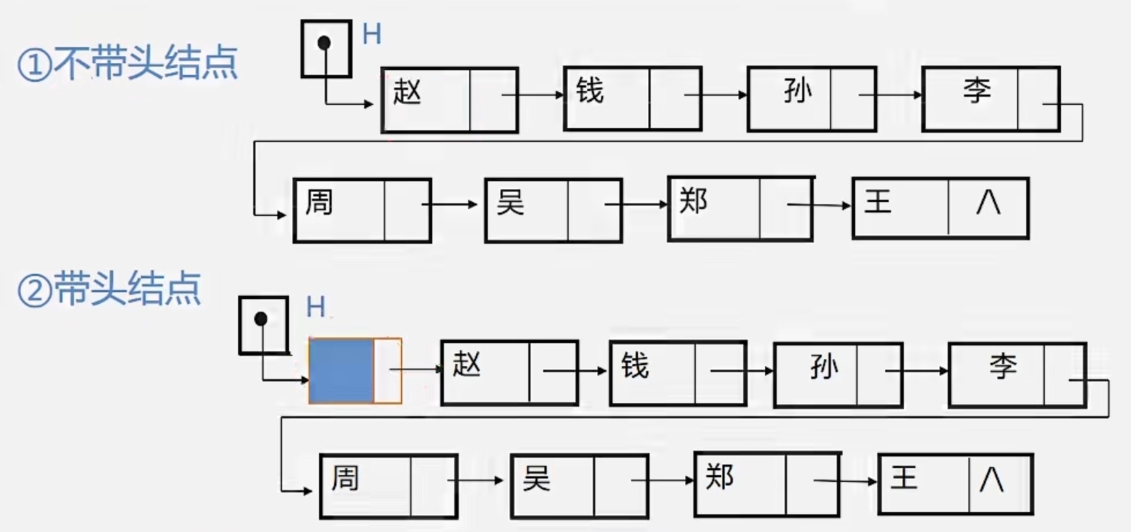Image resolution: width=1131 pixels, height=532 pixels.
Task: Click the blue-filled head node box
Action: point(341,371)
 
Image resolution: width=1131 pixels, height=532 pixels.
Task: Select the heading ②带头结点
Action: point(109,290)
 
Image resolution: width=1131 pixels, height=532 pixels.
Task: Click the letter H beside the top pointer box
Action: point(371,35)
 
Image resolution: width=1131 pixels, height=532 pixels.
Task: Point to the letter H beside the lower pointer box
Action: point(316,308)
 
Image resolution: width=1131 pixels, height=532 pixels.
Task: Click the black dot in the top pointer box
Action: point(324,43)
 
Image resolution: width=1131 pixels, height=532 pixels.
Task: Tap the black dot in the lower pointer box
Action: point(261,318)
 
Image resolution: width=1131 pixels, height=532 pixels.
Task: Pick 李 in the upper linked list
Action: point(976,92)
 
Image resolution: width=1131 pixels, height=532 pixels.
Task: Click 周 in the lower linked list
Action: point(345,478)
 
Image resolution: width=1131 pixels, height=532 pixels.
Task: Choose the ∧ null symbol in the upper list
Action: point(988,204)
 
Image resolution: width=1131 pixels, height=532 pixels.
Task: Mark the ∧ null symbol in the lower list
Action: point(992,480)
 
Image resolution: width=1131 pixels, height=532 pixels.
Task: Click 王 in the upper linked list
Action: point(878,203)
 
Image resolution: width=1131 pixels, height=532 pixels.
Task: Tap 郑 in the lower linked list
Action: point(719,478)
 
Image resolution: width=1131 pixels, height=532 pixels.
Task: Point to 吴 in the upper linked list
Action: point(510,204)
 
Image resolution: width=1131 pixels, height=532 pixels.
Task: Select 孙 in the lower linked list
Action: point(824,369)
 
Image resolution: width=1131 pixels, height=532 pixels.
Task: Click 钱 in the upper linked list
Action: point(590,92)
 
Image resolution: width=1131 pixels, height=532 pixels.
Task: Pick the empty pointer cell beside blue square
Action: point(388,371)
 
